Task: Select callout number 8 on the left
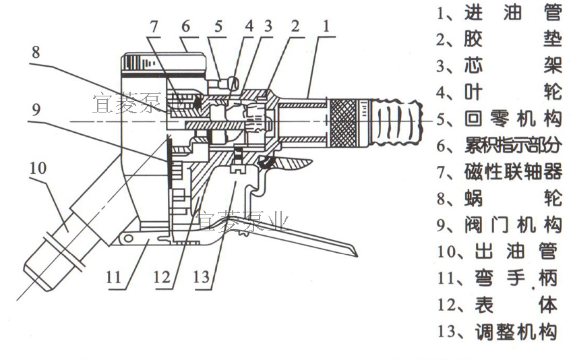point(36,52)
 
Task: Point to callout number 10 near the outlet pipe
point(39,167)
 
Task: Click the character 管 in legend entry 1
point(551,12)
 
